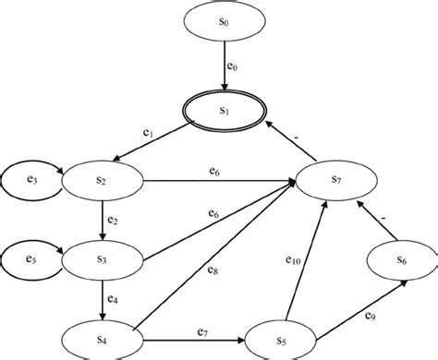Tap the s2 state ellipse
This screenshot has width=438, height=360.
pos(99,181)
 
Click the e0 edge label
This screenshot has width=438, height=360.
pos(233,68)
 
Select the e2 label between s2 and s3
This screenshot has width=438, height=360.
pos(112,221)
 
